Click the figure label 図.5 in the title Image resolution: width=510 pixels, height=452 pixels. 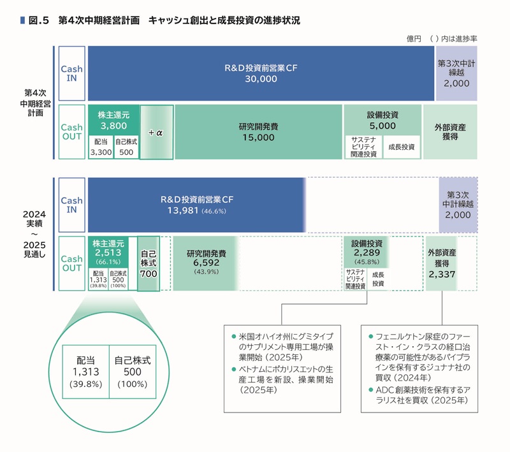pos(39,20)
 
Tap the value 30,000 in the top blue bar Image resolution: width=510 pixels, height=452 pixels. pos(261,79)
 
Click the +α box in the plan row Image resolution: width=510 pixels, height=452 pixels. pos(156,133)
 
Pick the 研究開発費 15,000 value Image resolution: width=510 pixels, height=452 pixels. pos(258,137)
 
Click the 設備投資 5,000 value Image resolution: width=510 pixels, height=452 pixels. pos(382,126)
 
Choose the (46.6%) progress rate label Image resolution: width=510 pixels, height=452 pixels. pos(214,211)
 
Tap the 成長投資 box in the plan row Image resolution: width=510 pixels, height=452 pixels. pos(401,147)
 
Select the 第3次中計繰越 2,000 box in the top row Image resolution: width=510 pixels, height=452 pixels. pos(456,73)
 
